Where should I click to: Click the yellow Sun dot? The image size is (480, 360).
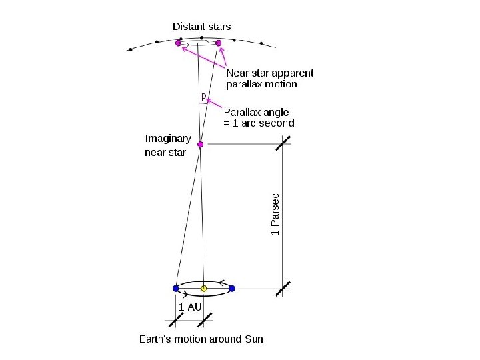204,289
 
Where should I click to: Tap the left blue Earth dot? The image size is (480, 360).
176,289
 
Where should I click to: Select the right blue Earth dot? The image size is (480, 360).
232,289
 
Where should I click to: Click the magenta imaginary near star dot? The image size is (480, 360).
200,144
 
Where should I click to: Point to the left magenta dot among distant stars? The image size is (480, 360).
178,43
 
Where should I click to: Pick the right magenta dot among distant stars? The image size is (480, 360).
218,43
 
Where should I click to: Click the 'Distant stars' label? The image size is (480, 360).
201,27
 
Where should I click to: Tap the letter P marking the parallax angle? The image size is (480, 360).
203,97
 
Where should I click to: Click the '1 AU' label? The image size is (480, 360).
189,307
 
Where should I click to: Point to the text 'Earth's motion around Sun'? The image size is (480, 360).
201,339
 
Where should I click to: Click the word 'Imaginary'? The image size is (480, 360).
168,139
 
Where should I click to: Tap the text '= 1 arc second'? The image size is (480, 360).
259,123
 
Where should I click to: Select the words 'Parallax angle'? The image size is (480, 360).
256,112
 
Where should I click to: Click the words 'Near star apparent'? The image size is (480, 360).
270,73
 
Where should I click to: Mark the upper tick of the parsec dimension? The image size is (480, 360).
283,144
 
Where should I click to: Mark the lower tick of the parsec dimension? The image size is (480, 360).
283,289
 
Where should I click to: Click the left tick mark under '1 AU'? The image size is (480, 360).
176,321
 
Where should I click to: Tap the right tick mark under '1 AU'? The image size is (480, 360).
204,321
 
